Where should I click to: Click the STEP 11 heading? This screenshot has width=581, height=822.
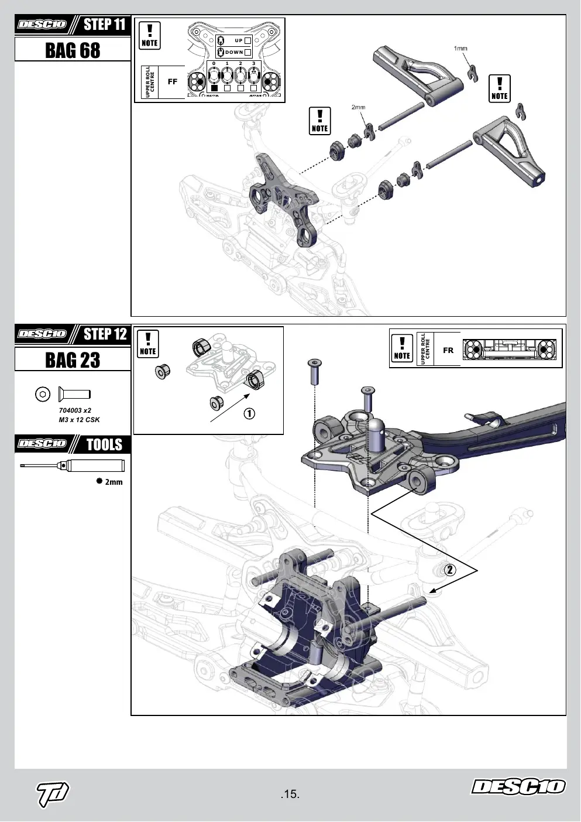click(x=105, y=25)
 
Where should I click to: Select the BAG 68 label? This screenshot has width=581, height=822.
click(x=73, y=50)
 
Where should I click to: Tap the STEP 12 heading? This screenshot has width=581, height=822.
click(x=105, y=334)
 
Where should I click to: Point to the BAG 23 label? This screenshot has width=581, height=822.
click(x=73, y=359)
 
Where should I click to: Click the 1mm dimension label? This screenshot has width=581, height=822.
click(x=460, y=49)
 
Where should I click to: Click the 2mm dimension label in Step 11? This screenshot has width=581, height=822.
click(x=358, y=107)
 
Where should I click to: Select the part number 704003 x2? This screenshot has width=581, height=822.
click(x=75, y=410)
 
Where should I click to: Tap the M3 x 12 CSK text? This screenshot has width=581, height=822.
click(x=79, y=419)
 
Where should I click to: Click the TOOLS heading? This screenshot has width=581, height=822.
click(x=105, y=444)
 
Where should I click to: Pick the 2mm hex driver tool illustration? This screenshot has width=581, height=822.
click(x=72, y=465)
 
